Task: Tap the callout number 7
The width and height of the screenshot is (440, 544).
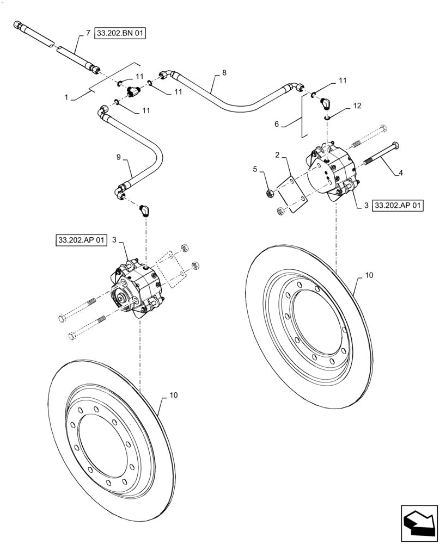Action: click(88, 34)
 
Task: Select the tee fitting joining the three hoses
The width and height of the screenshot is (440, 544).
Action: click(132, 91)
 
